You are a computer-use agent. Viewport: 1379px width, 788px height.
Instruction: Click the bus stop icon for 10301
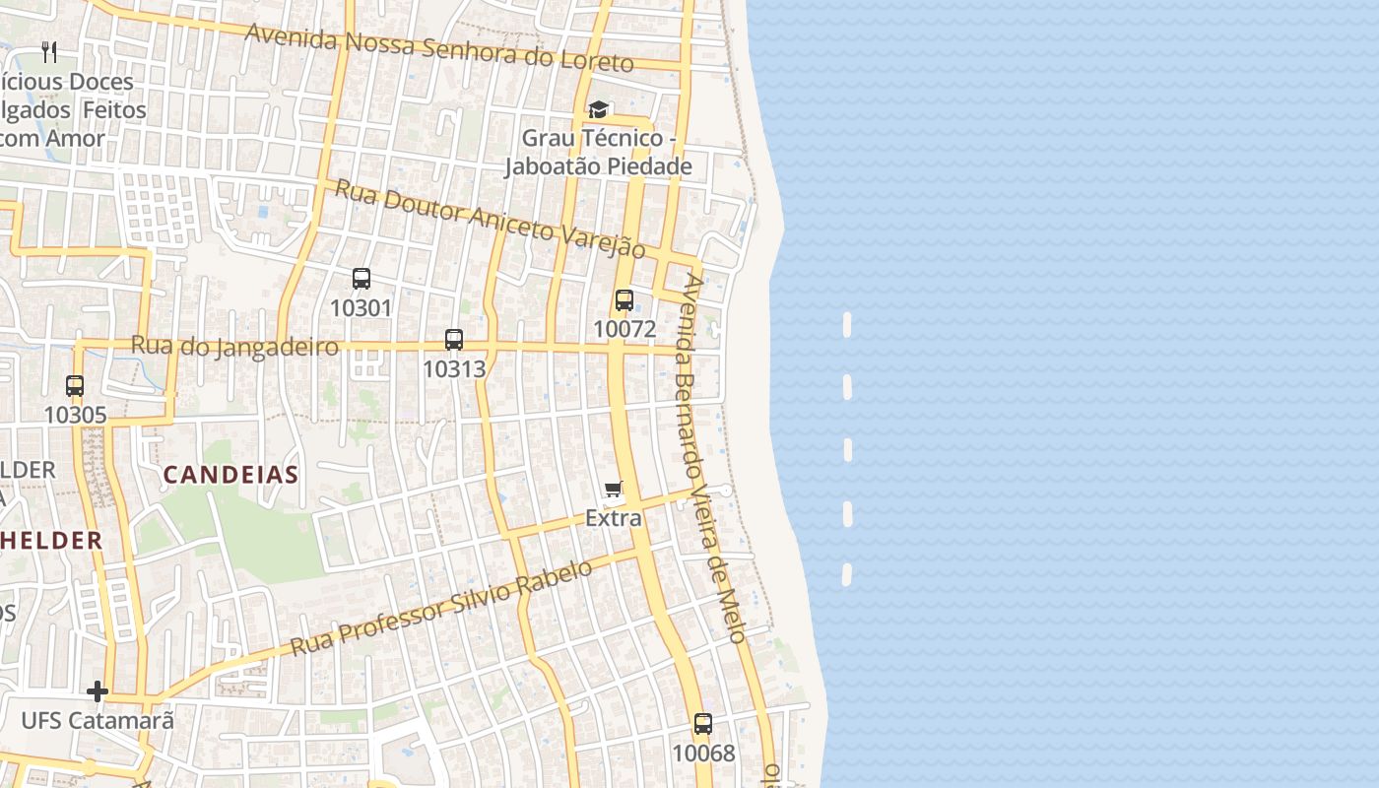coord(361,279)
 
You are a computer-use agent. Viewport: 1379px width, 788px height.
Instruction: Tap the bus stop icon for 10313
coord(454,340)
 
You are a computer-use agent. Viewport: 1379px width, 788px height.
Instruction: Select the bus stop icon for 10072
coord(624,300)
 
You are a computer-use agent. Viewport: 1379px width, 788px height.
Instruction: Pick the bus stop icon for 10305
coord(75,386)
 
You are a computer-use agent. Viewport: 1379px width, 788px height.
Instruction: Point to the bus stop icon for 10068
coord(703,725)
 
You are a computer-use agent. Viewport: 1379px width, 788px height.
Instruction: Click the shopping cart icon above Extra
coord(614,490)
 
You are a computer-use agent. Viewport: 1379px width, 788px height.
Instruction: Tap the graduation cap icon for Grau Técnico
coord(598,109)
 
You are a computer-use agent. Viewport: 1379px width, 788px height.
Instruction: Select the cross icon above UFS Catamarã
coord(97,692)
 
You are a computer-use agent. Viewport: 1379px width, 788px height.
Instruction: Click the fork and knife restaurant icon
coord(49,51)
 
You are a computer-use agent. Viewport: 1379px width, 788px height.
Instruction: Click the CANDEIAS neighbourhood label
coord(230,475)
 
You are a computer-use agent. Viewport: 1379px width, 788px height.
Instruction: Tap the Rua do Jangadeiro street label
coord(234,347)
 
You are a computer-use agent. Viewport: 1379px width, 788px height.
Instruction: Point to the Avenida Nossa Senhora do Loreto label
coord(438,47)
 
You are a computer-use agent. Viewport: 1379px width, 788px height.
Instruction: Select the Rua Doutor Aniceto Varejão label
coord(490,219)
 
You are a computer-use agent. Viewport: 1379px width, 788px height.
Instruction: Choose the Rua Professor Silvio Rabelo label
coord(442,608)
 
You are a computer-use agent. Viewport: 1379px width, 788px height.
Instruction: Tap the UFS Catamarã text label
coord(98,721)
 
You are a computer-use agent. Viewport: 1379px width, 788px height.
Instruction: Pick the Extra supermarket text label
coord(614,518)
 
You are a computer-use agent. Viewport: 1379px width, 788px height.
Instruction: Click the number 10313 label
coord(454,368)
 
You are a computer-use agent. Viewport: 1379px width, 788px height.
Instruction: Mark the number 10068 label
coord(703,754)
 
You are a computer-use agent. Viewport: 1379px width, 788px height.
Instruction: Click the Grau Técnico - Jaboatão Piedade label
coord(598,153)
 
